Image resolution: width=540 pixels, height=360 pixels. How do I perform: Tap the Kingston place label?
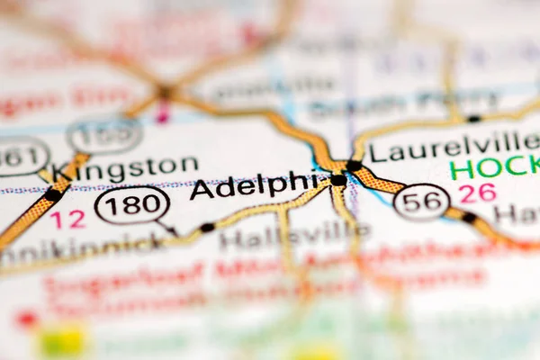pos(124,166)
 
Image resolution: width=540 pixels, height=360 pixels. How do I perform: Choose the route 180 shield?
pos(131,205)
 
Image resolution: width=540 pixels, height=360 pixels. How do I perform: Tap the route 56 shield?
pos(421,202)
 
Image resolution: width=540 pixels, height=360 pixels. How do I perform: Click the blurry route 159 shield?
pos(104,136)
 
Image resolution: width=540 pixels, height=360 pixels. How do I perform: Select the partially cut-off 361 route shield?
pos(20,156)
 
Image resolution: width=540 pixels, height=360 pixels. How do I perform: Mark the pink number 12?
pos(67,219)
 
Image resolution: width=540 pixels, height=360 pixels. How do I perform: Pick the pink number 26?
pos(477,193)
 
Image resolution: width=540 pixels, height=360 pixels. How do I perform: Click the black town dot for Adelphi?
pos(338,180)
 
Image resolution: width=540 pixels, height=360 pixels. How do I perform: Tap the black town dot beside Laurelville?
pos(355,166)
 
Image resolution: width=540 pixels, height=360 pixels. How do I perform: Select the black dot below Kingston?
pos(54,194)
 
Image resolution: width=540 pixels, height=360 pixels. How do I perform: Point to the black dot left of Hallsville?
pos(207,228)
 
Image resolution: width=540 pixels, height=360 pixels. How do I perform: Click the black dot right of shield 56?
pos(468,217)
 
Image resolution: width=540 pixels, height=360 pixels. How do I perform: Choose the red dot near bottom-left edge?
pos(26,319)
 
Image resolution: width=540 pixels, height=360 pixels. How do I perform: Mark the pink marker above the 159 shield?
pos(163,114)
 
